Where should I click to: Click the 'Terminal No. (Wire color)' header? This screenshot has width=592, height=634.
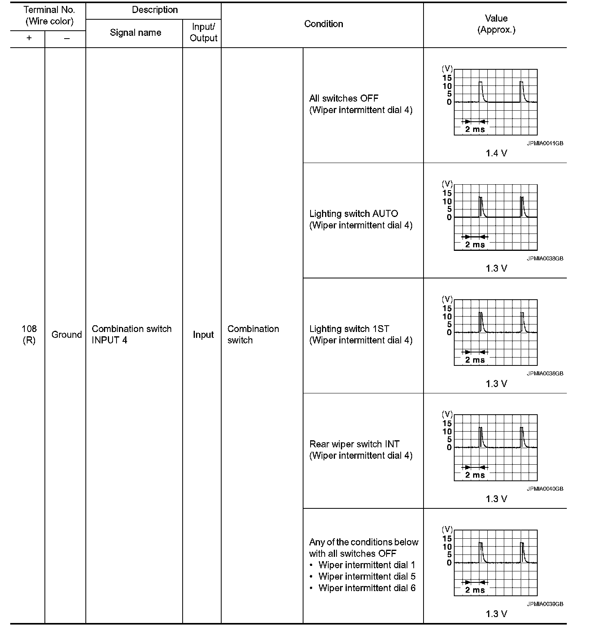pyautogui.click(x=49, y=16)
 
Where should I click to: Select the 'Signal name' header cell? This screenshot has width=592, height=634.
pyautogui.click(x=135, y=33)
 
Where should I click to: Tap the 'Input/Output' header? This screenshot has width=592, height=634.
pyautogui.click(x=203, y=33)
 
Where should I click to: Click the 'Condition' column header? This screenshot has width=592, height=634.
pyautogui.click(x=324, y=24)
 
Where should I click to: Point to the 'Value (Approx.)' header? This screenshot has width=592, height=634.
pyautogui.click(x=496, y=24)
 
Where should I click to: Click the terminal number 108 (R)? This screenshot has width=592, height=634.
pyautogui.click(x=29, y=334)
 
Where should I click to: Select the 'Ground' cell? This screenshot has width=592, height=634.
pyautogui.click(x=67, y=335)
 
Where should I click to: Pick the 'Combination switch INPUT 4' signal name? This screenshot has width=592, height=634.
pyautogui.click(x=131, y=334)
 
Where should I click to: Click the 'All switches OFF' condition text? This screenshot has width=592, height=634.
pyautogui.click(x=344, y=98)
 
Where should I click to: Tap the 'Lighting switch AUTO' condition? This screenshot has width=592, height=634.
pyautogui.click(x=353, y=214)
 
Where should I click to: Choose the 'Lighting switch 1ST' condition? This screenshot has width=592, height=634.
pyautogui.click(x=349, y=329)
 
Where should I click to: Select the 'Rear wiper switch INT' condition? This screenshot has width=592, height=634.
pyautogui.click(x=354, y=444)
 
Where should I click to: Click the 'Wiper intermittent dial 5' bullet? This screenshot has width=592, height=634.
pyautogui.click(x=367, y=577)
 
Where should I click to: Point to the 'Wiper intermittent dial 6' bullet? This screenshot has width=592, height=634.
pyautogui.click(x=367, y=588)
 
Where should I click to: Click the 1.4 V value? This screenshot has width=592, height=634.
pyautogui.click(x=496, y=153)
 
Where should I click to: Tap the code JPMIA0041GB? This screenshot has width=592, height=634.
pyautogui.click(x=545, y=143)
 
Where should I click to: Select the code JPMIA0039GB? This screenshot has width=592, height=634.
pyautogui.click(x=545, y=604)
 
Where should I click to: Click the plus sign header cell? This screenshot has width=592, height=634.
pyautogui.click(x=29, y=39)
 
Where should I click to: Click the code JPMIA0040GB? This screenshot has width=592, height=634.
pyautogui.click(x=545, y=489)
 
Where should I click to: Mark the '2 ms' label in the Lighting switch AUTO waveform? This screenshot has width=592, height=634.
pyautogui.click(x=475, y=245)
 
